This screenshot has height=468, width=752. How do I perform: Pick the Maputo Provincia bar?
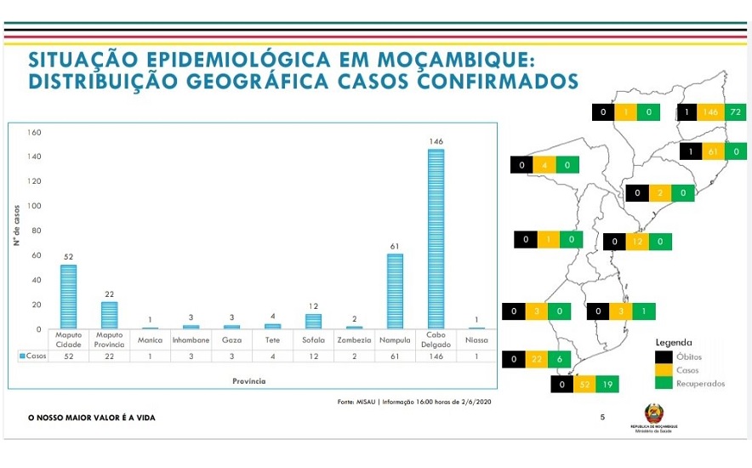click(110, 315)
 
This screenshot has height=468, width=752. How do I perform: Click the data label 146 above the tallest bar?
click(436, 141)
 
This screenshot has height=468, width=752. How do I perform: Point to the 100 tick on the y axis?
click(35, 206)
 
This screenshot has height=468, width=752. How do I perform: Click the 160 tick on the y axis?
click(35, 133)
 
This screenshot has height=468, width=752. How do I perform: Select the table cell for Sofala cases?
click(312, 357)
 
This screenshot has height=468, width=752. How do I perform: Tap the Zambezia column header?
click(353, 340)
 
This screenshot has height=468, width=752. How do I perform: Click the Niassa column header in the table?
click(476, 340)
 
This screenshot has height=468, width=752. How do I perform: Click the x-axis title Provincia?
click(249, 381)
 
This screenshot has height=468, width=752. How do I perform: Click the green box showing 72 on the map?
click(735, 112)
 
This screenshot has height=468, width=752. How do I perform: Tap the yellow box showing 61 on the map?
click(713, 151)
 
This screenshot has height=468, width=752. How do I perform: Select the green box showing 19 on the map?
click(607, 385)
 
